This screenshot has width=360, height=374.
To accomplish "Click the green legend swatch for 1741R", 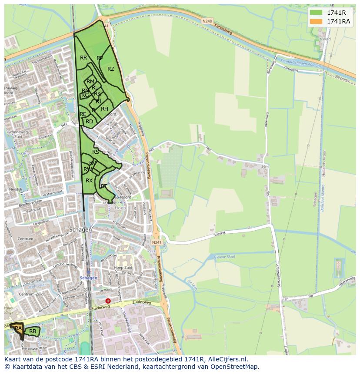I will tap(316, 13).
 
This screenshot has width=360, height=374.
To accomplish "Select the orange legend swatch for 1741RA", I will tap(316, 21).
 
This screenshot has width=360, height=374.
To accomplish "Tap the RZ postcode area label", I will tap(111, 69).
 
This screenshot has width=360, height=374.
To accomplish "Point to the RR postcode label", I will tap(83, 57).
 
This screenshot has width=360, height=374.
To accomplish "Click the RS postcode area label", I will tap(96, 152).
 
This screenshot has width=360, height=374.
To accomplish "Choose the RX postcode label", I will tap(89, 180).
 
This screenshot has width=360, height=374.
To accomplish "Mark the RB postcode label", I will tap(33, 331).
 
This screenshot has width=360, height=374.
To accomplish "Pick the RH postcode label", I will tap(104, 109).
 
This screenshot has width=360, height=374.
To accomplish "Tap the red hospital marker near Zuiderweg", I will tap(108, 301).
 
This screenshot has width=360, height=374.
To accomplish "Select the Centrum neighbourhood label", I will tap(26, 239).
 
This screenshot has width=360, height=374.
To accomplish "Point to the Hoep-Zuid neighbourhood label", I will tap(123, 268).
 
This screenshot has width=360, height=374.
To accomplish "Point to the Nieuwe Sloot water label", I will tap(226, 257).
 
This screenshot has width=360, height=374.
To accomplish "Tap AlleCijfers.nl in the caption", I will tap(226, 359).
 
